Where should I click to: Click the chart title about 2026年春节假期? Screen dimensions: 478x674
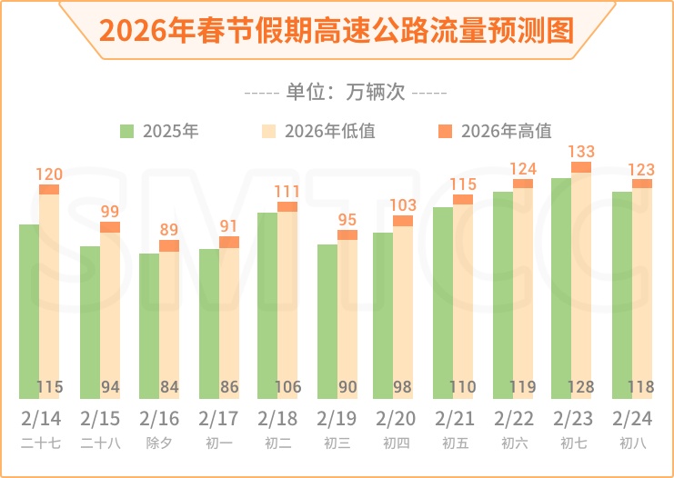(x=337, y=29)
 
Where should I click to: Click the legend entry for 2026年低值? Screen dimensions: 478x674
(x=318, y=131)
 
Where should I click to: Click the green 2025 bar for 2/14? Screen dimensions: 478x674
(x=29, y=309)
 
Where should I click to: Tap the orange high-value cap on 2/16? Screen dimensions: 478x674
(x=169, y=245)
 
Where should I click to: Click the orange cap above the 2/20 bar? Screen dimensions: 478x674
(x=403, y=221)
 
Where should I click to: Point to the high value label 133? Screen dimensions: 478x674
(x=581, y=152)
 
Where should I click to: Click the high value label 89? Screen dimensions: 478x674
(x=169, y=230)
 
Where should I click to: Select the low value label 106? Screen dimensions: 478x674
(x=287, y=387)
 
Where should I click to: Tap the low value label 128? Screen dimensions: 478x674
(x=581, y=387)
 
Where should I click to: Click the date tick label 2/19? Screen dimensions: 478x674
(x=337, y=420)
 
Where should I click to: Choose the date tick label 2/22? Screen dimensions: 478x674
(x=514, y=420)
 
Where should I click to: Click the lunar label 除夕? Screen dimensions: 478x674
(x=159, y=443)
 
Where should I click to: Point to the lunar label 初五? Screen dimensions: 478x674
(x=455, y=443)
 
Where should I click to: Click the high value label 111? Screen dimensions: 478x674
(x=287, y=191)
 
